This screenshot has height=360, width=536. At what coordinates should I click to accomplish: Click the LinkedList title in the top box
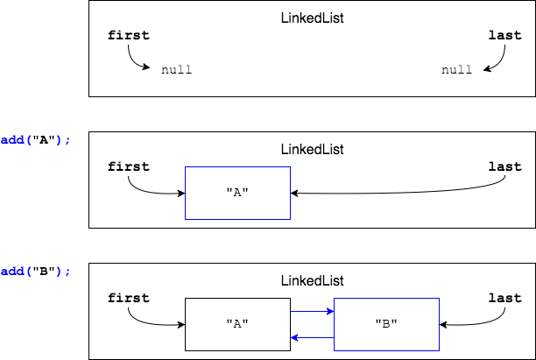point(312,17)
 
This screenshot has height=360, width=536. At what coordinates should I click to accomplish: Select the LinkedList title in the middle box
point(312,149)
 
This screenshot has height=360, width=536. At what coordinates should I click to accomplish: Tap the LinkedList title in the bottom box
point(312,280)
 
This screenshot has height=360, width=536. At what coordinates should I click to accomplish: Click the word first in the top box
point(129,36)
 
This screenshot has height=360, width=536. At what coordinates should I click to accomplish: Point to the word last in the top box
point(504,36)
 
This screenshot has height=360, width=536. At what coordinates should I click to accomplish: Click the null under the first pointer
point(176,69)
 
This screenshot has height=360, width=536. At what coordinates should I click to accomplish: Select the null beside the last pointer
point(457,69)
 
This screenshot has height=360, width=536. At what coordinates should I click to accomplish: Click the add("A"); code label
point(35,140)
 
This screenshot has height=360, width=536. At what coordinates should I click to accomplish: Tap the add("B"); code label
point(35,272)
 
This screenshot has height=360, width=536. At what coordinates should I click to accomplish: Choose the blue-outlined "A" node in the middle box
point(237,193)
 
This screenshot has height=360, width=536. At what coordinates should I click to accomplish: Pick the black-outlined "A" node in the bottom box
point(237,324)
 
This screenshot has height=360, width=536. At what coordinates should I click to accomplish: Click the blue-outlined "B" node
point(386,324)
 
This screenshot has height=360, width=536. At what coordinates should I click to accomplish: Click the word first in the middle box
point(129,166)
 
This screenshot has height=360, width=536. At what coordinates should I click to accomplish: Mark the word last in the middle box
point(504,166)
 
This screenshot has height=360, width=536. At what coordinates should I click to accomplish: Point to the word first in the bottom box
point(129,298)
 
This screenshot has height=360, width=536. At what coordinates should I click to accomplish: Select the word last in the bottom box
point(504,298)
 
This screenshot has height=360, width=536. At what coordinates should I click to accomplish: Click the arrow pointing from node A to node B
point(312,310)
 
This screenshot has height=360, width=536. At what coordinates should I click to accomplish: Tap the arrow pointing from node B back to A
point(312,337)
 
